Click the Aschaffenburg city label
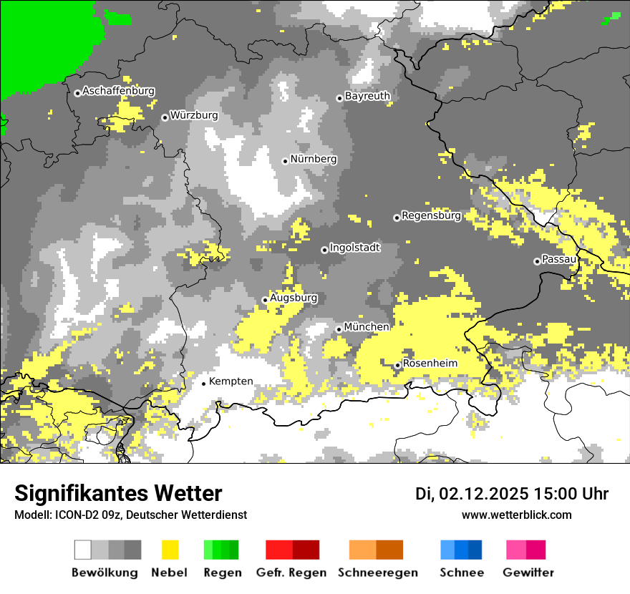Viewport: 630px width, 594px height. pos(118,92)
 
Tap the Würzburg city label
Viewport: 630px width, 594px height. pos(193,115)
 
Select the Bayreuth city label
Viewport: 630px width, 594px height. pos(367,96)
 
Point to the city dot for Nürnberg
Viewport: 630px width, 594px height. pos(285,161)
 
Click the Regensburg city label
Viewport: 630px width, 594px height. pos(431,215)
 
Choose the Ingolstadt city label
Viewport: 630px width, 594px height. pos(354,248)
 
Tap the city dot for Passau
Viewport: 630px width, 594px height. pos(537,261)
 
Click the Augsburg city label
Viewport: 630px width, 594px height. pos(293,298)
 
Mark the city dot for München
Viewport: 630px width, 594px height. pos(339,329)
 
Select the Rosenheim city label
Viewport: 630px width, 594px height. pos(430,364)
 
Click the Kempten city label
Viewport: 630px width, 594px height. pos(231,381)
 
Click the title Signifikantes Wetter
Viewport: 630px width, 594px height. pos(118,494)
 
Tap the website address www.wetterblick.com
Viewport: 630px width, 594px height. pos(516,515)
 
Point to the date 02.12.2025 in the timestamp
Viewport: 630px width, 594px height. pos(483,494)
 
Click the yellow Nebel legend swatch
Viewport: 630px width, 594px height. pos(170,550)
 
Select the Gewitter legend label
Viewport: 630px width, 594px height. pos(528,573)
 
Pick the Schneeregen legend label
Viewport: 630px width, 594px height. pos(377,573)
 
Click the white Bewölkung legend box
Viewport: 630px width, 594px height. pos(83,550)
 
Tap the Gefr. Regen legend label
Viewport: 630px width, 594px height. pos(291,573)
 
